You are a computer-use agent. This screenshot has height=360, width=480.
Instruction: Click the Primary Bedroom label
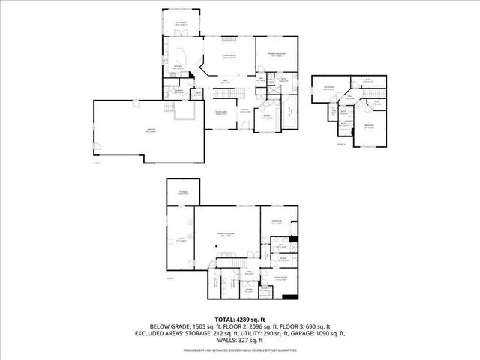pos(276,52)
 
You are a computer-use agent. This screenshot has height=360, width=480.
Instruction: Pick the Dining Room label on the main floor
pos(221,112)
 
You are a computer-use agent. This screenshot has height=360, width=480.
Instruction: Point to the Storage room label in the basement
pos(182,193)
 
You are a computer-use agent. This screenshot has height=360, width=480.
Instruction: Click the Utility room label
pos(181,239)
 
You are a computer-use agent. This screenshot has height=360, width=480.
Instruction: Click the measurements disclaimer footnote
pos(240,352)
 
